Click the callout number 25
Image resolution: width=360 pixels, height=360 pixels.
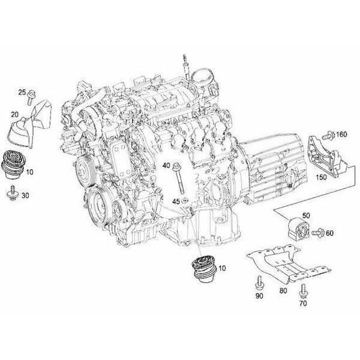(22, 92)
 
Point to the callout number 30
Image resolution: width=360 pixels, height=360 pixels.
(26, 196)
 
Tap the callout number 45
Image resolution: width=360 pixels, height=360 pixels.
(176, 201)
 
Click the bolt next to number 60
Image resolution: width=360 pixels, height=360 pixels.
(319, 231)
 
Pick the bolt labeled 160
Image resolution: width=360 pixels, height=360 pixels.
(329, 134)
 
